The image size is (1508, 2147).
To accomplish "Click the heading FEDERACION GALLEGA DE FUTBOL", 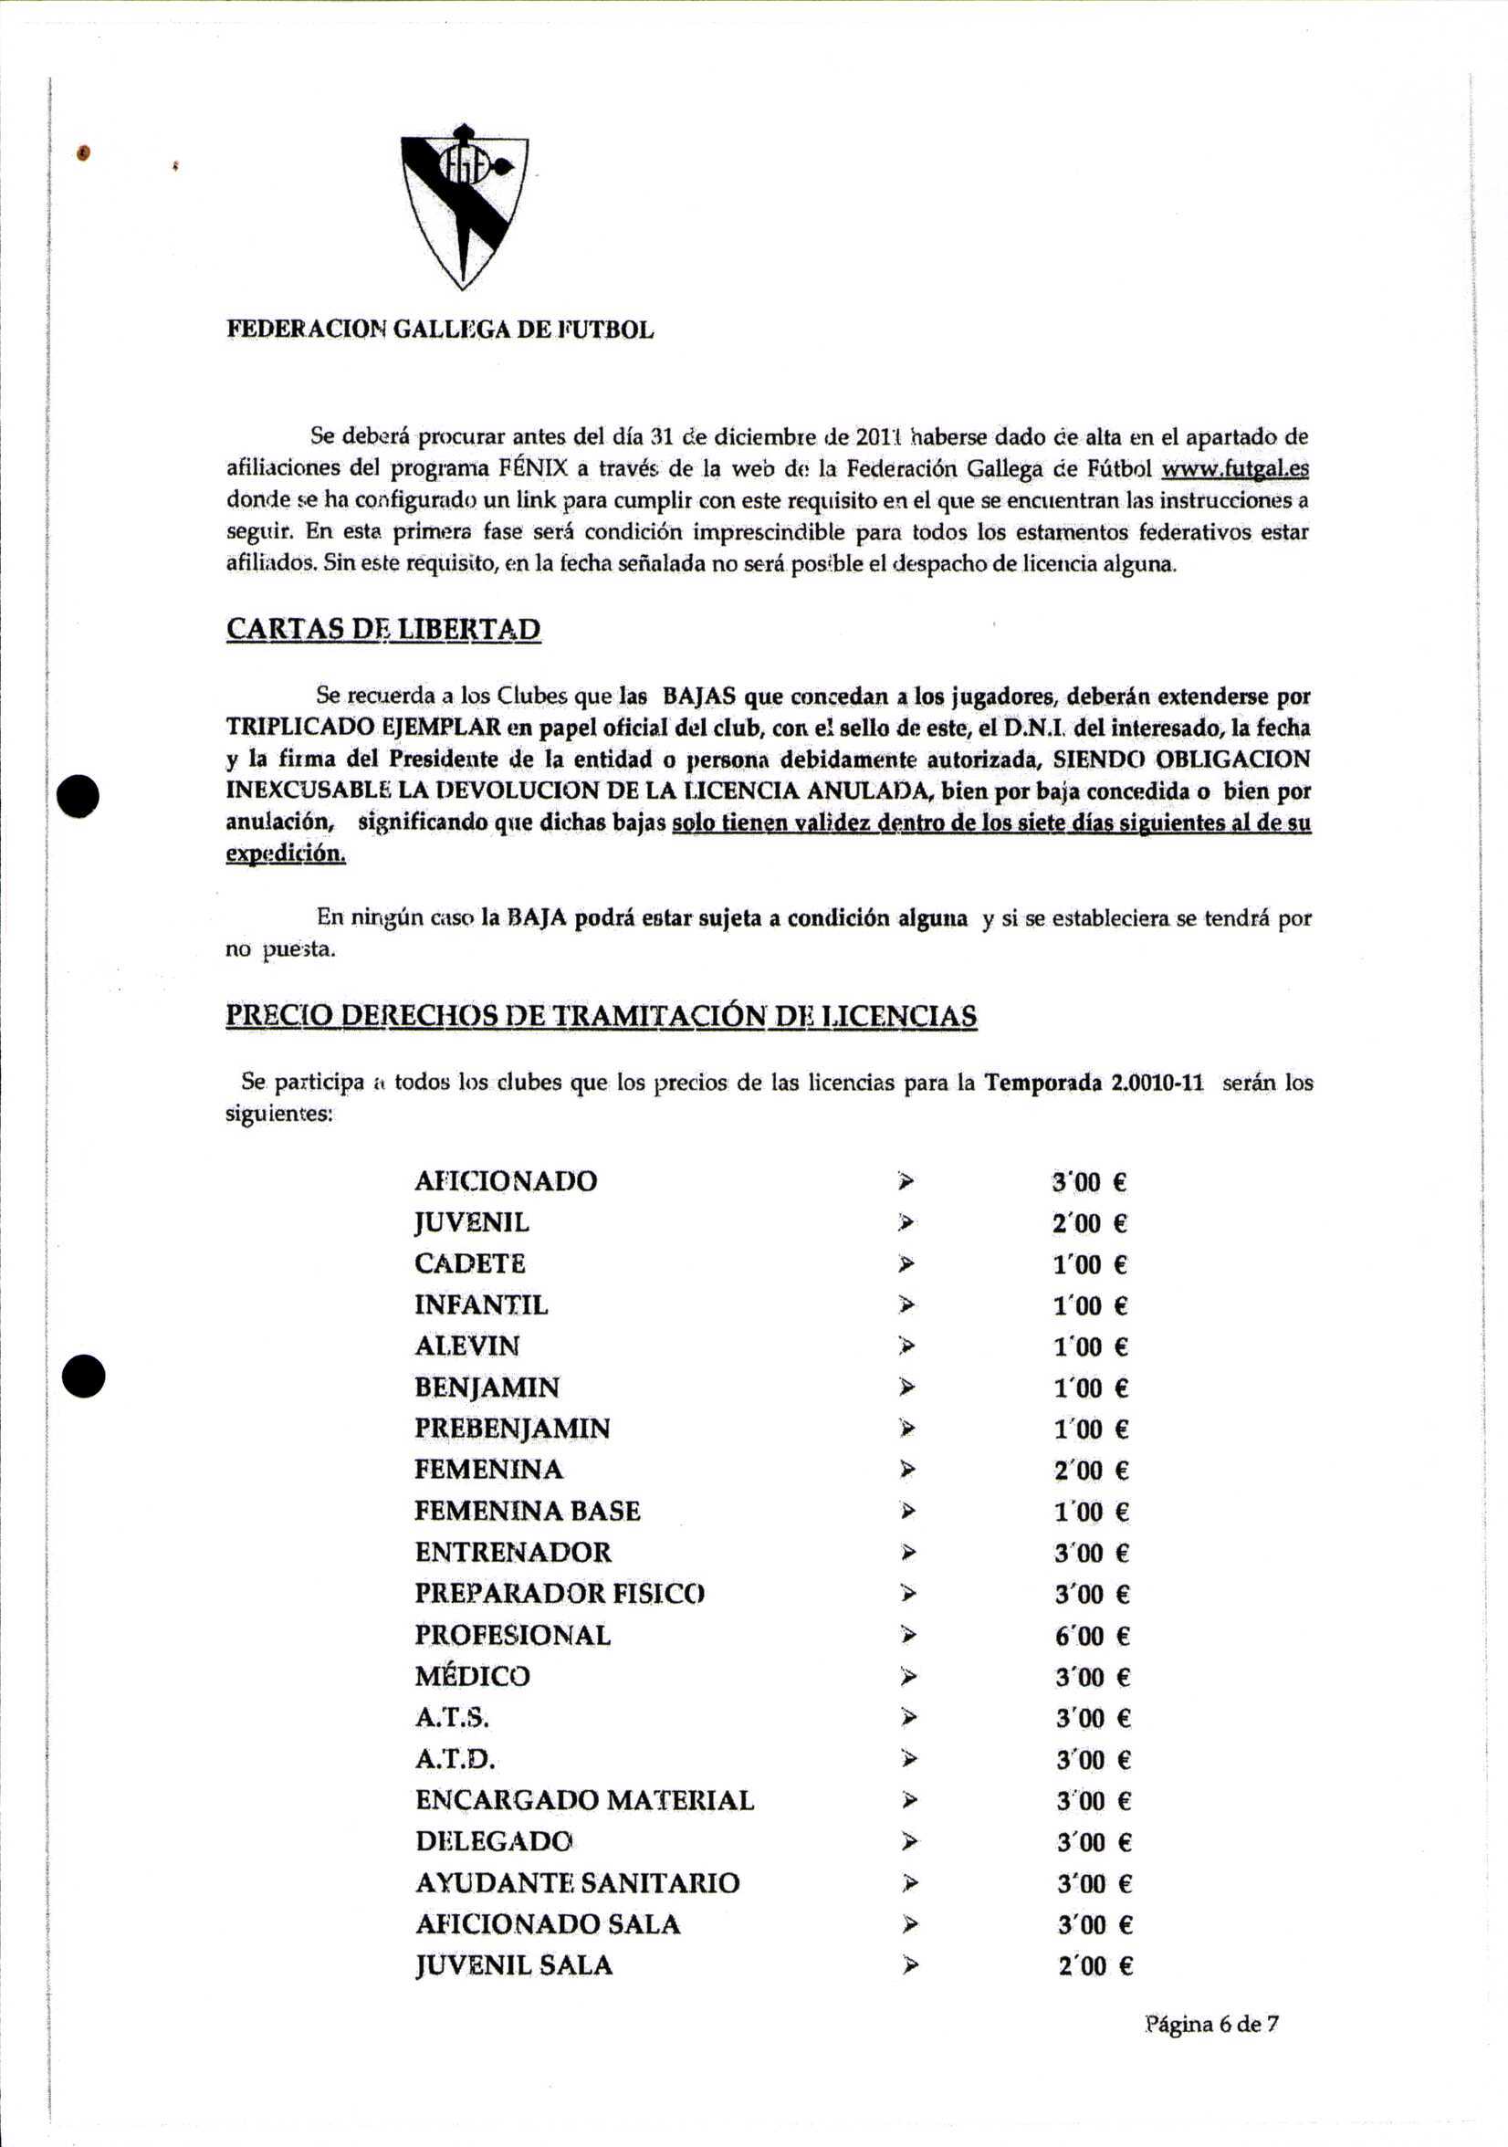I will coord(439,330).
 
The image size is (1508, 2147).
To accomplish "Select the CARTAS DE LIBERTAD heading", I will coord(383,629).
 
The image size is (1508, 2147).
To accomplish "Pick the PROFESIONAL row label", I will coord(512,1636).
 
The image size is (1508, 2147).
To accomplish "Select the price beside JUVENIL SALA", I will coord(1094,1965).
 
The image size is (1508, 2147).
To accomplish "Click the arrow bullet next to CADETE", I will coord(905,1264).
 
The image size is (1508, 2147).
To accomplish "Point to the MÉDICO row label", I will coord(472,1677).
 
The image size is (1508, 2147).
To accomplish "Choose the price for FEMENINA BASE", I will coord(1091,1512).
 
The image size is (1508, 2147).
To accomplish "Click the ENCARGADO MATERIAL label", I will coord(584,1800).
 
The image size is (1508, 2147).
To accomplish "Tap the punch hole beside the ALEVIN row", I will coord(83,1376).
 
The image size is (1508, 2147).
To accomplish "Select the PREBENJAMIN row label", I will coord(512,1429).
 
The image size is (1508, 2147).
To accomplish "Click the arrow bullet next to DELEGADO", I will coord(906,1842).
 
